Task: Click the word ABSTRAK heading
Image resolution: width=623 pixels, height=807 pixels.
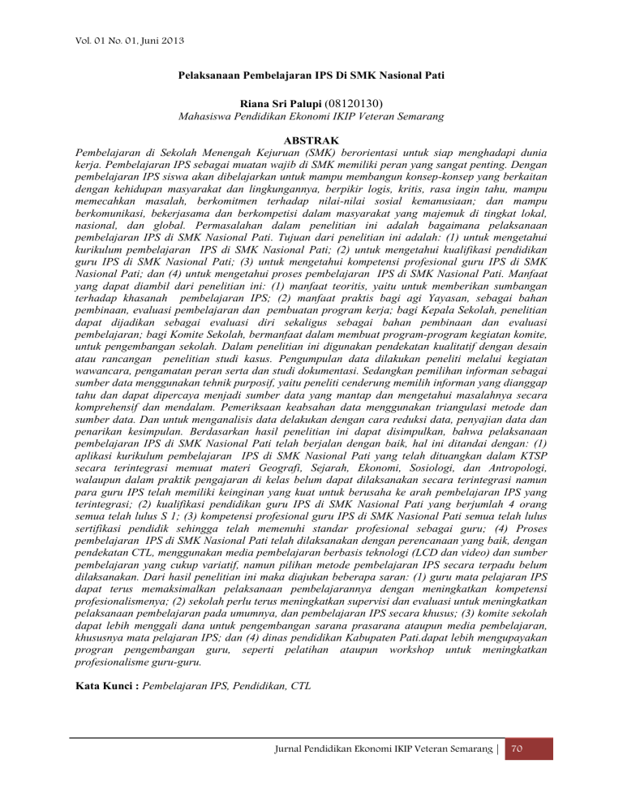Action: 311,140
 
